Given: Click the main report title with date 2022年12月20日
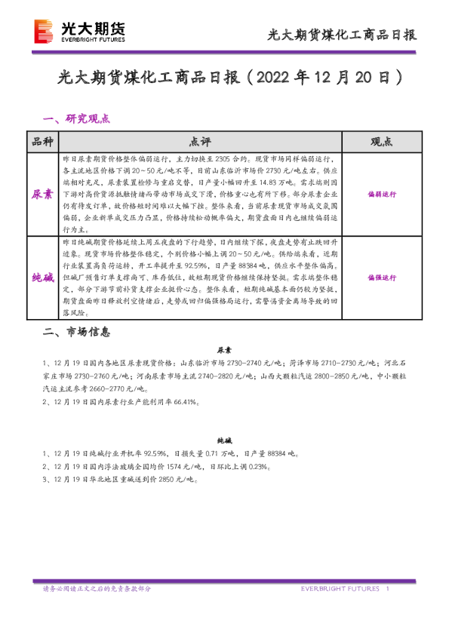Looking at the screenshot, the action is [x=225, y=78].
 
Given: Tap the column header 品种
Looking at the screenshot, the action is [x=42, y=142].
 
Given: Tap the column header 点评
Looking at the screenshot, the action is [x=201, y=142].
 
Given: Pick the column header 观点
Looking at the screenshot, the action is [x=381, y=142].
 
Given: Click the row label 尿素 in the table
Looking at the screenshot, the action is [x=42, y=194].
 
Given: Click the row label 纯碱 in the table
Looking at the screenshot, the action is [x=42, y=277].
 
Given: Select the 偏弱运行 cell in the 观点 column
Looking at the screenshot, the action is [x=381, y=194].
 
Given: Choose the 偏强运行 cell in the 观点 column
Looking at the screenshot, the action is [x=381, y=277].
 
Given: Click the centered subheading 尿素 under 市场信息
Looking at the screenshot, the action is [x=224, y=351].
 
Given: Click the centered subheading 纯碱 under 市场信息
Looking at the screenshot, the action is [x=224, y=439].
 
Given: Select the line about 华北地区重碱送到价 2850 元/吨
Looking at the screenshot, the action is [x=119, y=480].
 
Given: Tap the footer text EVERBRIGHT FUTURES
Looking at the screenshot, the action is [x=339, y=588].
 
